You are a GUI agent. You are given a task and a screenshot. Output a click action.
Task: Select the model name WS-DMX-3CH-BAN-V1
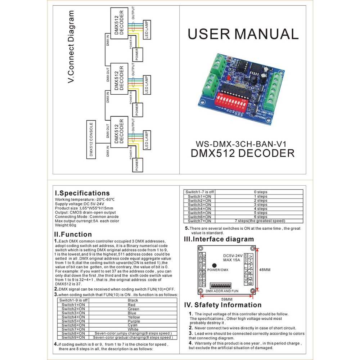(243, 143)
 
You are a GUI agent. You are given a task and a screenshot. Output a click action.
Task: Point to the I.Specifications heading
(82, 193)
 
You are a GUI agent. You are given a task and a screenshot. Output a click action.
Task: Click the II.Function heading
(73, 235)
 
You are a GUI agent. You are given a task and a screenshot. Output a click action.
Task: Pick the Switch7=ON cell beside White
(73, 329)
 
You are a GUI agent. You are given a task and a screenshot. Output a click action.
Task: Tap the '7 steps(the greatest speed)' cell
(260, 221)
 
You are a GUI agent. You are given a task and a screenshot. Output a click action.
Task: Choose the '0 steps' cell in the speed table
(260, 192)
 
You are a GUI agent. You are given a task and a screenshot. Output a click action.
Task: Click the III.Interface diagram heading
(219, 239)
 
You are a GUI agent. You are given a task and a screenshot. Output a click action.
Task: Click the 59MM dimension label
(226, 299)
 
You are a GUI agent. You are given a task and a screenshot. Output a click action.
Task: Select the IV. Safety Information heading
(223, 305)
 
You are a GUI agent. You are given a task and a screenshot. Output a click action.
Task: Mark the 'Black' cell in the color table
(133, 300)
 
